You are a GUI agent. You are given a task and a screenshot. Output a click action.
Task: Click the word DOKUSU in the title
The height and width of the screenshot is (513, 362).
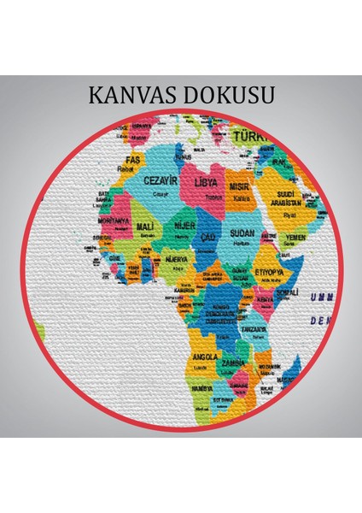coord(227,94)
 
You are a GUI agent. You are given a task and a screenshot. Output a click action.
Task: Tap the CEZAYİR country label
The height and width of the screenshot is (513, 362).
coord(162,181)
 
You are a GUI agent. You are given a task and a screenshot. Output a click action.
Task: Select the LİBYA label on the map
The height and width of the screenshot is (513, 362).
coord(206,183)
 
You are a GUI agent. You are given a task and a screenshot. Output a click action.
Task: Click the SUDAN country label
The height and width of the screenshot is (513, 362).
coord(243,233)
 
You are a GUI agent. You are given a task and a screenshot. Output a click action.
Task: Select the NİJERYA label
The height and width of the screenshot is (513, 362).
coord(177,257)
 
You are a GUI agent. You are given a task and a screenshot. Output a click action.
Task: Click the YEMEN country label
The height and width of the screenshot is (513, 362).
coord(295,238)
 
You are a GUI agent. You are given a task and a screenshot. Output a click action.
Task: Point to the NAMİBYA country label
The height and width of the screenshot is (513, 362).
coord(203,388)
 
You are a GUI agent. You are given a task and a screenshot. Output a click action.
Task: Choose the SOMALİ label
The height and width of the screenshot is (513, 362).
coord(290,270)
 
